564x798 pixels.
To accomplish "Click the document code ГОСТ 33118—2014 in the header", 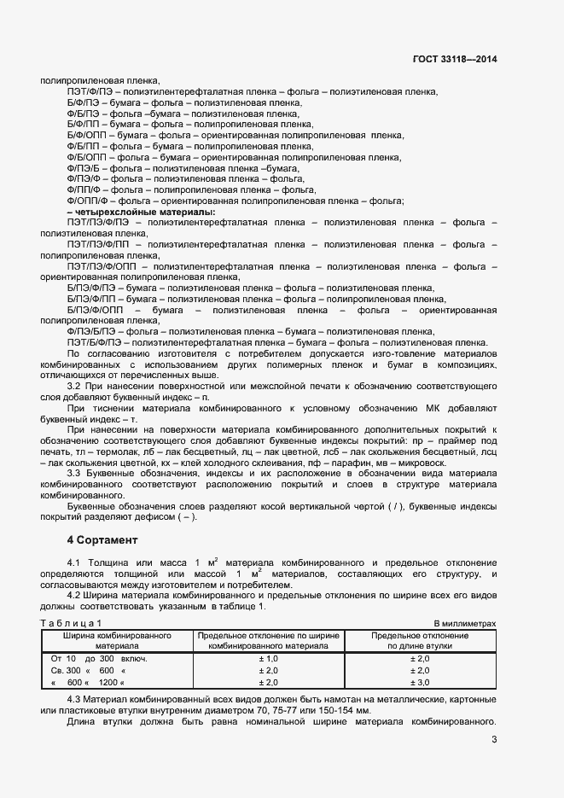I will tap(454, 60).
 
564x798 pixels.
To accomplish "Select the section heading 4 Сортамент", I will tap(102, 540).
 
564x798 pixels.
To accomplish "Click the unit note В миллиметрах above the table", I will tap(464, 625).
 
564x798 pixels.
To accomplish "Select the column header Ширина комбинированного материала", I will tap(116, 641).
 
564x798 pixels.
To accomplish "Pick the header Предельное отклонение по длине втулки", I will tap(419, 641).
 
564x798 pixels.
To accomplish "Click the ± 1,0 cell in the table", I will tap(268, 659).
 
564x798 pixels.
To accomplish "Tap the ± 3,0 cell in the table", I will tap(419, 682).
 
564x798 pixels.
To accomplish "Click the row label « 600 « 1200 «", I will tap(88, 682).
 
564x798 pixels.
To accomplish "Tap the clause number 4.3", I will tap(74, 699).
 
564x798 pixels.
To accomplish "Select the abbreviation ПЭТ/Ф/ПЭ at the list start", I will tap(88, 90).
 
